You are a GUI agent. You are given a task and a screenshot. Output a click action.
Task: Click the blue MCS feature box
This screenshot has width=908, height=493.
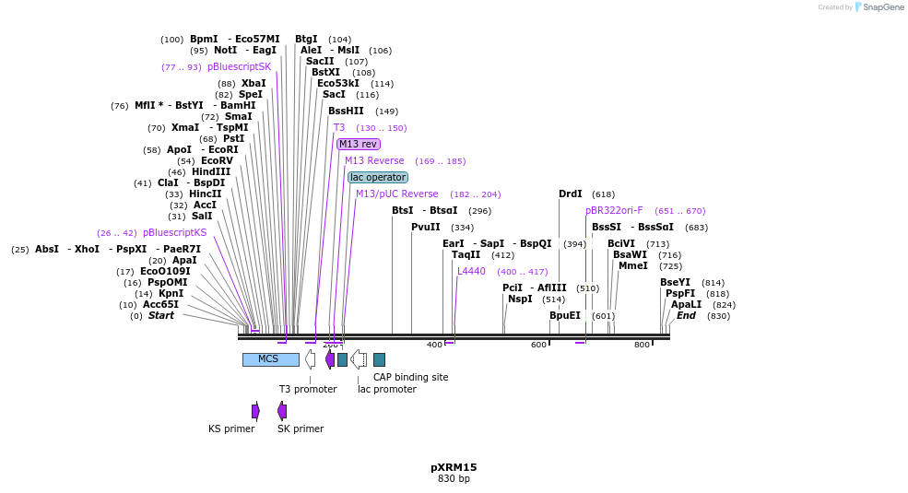tap(270, 359)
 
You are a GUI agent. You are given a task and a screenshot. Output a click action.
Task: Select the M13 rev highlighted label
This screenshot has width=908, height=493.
tap(358, 144)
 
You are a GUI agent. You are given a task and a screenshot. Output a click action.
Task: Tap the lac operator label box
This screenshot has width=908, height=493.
tap(378, 177)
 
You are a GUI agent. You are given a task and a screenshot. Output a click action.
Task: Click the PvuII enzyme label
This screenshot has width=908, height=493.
tap(426, 227)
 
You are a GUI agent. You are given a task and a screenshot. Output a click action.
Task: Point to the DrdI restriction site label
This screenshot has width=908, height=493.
tap(571, 194)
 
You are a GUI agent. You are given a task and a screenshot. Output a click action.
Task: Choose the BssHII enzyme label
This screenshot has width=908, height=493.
tap(346, 111)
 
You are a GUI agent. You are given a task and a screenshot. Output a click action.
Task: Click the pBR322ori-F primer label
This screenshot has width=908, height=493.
tap(614, 210)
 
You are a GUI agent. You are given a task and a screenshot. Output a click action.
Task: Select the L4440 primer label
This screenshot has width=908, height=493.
tap(471, 271)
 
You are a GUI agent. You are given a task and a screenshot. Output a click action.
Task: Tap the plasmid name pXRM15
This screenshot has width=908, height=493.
tap(454, 467)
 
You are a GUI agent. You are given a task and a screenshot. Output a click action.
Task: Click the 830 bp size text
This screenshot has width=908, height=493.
tap(454, 479)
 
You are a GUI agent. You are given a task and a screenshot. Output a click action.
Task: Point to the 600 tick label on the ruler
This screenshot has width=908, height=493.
tap(538, 345)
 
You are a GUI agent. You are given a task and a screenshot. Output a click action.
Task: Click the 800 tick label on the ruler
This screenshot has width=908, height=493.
tap(642, 345)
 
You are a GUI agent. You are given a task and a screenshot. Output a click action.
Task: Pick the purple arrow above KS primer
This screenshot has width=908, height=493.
tap(255, 411)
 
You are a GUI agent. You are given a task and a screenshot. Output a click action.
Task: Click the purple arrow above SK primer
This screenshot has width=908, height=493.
tap(282, 411)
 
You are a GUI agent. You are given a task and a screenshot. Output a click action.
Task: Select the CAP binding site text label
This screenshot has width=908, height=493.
tap(410, 377)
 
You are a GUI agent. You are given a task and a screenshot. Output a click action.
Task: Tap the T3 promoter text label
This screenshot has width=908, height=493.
tap(309, 389)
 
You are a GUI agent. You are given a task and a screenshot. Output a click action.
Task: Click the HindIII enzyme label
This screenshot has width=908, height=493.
tap(211, 171)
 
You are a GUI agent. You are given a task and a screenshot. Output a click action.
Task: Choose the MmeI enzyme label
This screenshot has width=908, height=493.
tap(632, 265)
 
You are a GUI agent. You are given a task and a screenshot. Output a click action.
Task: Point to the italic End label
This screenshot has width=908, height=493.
tap(686, 315)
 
